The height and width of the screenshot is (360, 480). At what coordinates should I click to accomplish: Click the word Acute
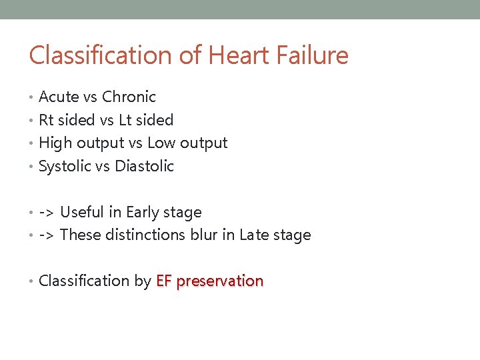click(59, 97)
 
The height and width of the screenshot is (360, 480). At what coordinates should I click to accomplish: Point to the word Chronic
click(129, 97)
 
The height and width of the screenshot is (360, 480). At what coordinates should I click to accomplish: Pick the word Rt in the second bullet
click(46, 120)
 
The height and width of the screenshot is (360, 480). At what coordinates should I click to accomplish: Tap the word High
click(55, 143)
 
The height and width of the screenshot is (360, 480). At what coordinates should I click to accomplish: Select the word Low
click(160, 143)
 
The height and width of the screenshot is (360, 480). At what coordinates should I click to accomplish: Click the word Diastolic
click(145, 167)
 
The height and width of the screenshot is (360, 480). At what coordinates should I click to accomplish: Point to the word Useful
click(82, 213)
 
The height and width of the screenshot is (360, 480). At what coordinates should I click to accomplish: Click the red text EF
click(163, 281)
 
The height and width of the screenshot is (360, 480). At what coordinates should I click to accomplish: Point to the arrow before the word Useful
click(47, 213)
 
